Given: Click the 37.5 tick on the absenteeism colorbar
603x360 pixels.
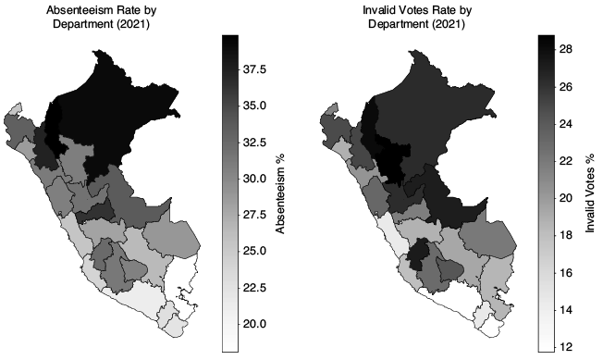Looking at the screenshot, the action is (254, 69).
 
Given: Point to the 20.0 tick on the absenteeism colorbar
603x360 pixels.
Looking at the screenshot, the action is (254, 324).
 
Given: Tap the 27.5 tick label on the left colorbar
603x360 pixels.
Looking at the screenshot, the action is (254, 215).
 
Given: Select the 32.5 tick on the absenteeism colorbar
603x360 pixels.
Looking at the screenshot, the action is (254, 143).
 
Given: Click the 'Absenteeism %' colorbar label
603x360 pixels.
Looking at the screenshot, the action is (280, 193).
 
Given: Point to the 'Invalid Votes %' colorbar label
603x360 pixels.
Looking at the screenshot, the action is (589, 193).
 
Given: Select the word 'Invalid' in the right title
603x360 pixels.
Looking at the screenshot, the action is (375, 10).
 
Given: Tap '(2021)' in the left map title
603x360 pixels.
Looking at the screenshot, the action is (133, 24).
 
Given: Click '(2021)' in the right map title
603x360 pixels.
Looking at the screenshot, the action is (449, 24).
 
